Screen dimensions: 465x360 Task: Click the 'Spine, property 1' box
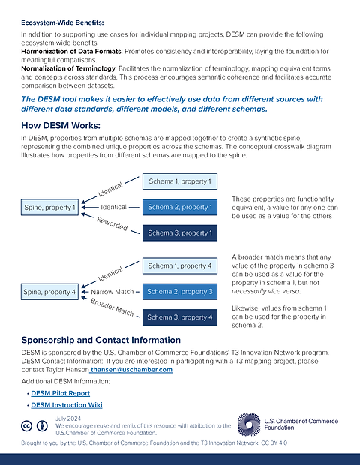(49, 206)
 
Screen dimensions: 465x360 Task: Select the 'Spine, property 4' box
(49, 291)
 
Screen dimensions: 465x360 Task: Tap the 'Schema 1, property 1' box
(179, 181)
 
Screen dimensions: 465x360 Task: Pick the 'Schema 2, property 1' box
(179, 207)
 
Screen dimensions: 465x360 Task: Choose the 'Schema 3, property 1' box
(179, 233)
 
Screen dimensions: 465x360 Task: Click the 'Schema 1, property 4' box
(179, 265)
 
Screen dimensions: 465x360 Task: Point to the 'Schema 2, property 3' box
(179, 291)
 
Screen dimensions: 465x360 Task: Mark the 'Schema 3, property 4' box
(179, 317)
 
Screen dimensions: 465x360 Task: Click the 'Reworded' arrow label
(112, 223)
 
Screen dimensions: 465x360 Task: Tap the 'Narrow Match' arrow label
(112, 291)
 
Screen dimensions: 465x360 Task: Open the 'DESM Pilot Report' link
(60, 393)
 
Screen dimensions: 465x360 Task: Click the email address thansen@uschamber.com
(131, 369)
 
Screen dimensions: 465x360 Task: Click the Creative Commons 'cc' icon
(28, 425)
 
